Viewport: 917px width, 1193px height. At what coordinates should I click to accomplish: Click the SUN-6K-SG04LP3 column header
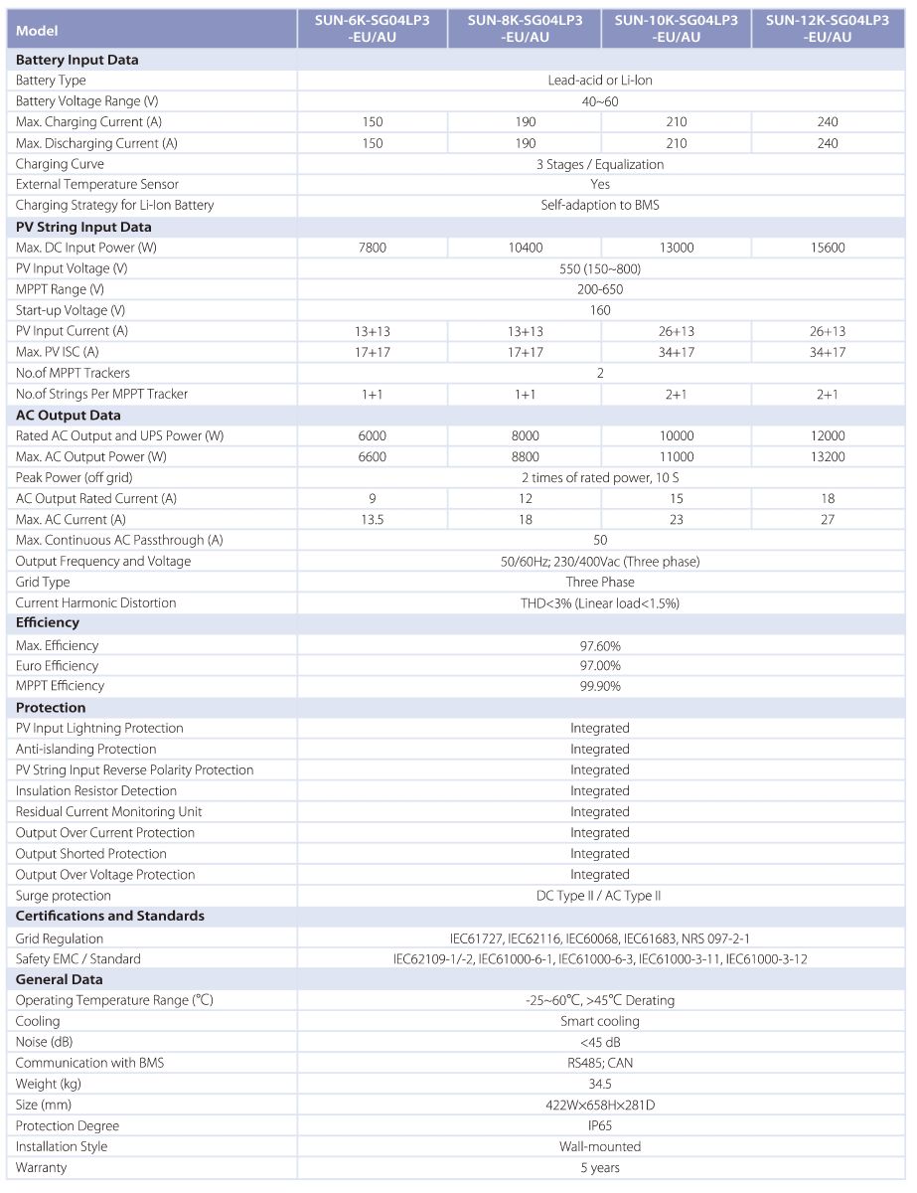click(373, 29)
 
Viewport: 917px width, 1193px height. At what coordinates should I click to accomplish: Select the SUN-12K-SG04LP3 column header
click(828, 29)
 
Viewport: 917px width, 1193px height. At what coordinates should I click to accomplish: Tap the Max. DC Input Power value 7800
click(373, 248)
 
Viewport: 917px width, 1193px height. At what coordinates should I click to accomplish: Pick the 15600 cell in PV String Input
click(828, 248)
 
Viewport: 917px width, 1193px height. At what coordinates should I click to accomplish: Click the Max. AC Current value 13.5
click(373, 519)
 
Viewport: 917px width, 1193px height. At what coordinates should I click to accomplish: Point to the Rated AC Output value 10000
click(677, 435)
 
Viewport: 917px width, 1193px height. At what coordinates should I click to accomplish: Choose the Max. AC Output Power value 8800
click(525, 456)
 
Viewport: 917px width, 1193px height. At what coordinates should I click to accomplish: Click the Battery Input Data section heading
click(77, 60)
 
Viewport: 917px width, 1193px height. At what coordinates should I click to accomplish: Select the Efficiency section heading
click(48, 622)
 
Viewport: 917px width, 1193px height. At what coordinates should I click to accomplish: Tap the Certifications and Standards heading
click(110, 916)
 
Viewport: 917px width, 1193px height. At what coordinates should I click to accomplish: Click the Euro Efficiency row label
click(57, 665)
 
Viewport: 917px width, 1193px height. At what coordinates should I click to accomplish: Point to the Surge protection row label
click(64, 896)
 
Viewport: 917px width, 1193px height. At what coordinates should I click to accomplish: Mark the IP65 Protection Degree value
click(600, 1125)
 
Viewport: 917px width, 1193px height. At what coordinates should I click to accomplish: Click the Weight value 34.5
click(600, 1084)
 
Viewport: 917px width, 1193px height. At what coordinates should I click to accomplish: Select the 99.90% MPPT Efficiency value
click(600, 686)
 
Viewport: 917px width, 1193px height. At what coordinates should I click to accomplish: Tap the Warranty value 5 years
click(600, 1167)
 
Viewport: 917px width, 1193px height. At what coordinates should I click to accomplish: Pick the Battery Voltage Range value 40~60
click(600, 101)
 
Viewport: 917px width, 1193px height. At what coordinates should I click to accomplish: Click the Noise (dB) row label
click(45, 1042)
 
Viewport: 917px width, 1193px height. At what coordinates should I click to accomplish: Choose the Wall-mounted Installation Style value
click(600, 1146)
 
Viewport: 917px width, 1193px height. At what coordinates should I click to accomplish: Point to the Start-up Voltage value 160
click(600, 310)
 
